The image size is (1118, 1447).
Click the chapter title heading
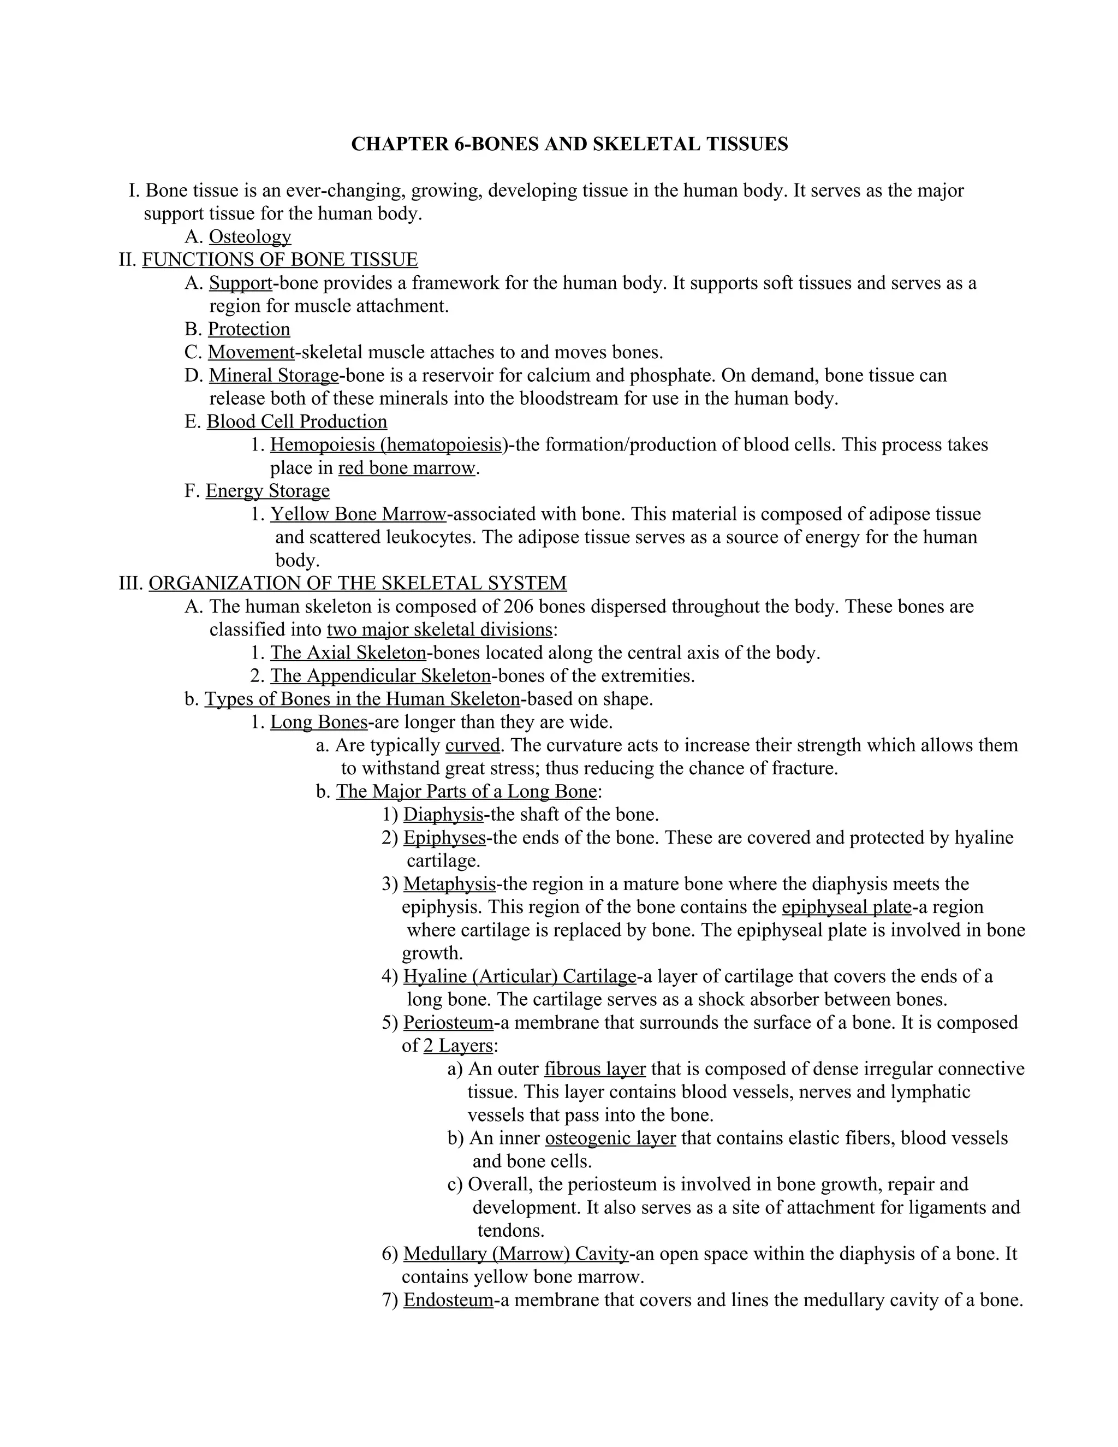pyautogui.click(x=569, y=145)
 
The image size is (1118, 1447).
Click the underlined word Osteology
pyautogui.click(x=249, y=236)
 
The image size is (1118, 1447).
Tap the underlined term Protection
pyautogui.click(x=249, y=329)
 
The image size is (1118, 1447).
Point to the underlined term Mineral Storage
pyautogui.click(x=274, y=376)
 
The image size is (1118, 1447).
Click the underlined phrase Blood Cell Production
pyautogui.click(x=297, y=422)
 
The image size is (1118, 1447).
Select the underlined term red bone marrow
pyautogui.click(x=407, y=469)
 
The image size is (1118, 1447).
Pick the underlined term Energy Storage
pyautogui.click(x=267, y=491)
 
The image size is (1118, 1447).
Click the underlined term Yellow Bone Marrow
pyautogui.click(x=358, y=514)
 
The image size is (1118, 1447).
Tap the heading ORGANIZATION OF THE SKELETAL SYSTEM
pyautogui.click(x=358, y=583)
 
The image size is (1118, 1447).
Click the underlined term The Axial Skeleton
pyautogui.click(x=348, y=653)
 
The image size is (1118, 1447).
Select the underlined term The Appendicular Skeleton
pyautogui.click(x=380, y=676)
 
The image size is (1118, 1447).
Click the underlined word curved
pyautogui.click(x=472, y=745)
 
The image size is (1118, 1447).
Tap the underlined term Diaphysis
pyautogui.click(x=443, y=814)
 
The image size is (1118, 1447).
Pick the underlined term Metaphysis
pyautogui.click(x=449, y=884)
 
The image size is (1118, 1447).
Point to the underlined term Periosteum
pyautogui.click(x=448, y=1022)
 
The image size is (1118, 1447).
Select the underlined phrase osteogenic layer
pyautogui.click(x=610, y=1138)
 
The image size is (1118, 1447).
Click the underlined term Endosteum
pyautogui.click(x=448, y=1300)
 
